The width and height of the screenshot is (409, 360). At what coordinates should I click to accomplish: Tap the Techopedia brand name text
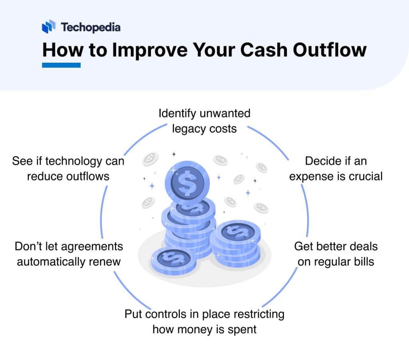click(x=90, y=27)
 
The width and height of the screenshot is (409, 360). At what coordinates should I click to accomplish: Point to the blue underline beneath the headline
click(x=61, y=65)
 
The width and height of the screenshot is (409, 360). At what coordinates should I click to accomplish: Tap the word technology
click(x=80, y=161)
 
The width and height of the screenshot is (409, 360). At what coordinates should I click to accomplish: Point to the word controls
click(x=165, y=314)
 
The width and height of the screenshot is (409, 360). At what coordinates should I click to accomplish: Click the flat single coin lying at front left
click(x=171, y=259)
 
